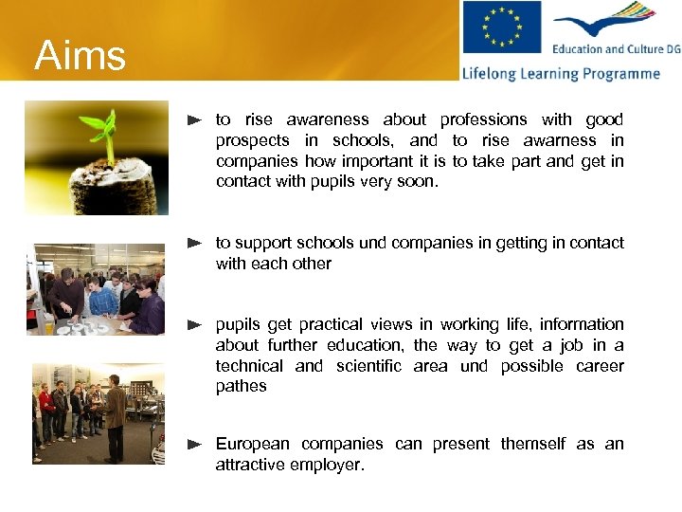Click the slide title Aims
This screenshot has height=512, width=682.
click(x=81, y=56)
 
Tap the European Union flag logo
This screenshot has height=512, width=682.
click(x=501, y=27)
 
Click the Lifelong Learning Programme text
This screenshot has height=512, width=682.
click(x=561, y=73)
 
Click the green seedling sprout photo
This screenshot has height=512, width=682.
click(x=97, y=158)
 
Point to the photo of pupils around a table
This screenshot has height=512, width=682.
click(x=95, y=289)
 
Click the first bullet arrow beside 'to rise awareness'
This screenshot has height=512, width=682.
click(x=195, y=120)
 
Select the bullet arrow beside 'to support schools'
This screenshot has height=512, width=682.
click(x=195, y=244)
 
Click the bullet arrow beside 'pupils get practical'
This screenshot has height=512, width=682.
click(x=195, y=325)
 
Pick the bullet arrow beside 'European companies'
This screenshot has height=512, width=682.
click(x=195, y=444)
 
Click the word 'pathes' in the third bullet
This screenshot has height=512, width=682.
click(x=242, y=386)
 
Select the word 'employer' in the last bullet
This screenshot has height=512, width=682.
click(x=328, y=465)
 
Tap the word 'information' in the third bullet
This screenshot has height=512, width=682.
click(x=582, y=324)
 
